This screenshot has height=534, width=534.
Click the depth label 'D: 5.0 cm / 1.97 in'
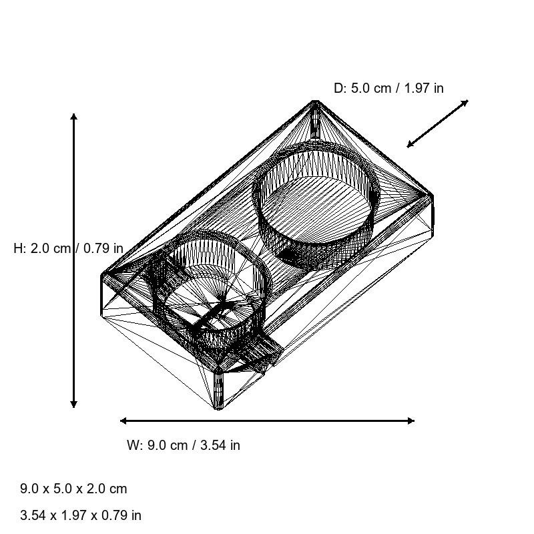pos(388,88)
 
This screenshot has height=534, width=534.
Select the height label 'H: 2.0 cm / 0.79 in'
pos(68,248)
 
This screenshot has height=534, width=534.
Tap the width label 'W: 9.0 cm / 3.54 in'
pos(184,445)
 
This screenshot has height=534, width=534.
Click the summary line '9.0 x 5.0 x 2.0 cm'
pos(73,489)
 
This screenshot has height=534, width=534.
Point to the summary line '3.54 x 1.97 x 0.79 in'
pos(81,515)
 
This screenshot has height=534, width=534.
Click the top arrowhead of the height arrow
pos(73,117)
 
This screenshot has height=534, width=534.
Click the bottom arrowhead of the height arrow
pos(73,404)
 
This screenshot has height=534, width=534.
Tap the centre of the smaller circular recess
pos(210,287)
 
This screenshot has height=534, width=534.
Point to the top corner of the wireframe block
pos(315,101)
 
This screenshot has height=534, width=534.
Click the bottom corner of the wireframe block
pos(218,408)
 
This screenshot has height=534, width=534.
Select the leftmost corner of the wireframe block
pos(101,275)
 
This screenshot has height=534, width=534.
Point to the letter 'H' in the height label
pos(18,248)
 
